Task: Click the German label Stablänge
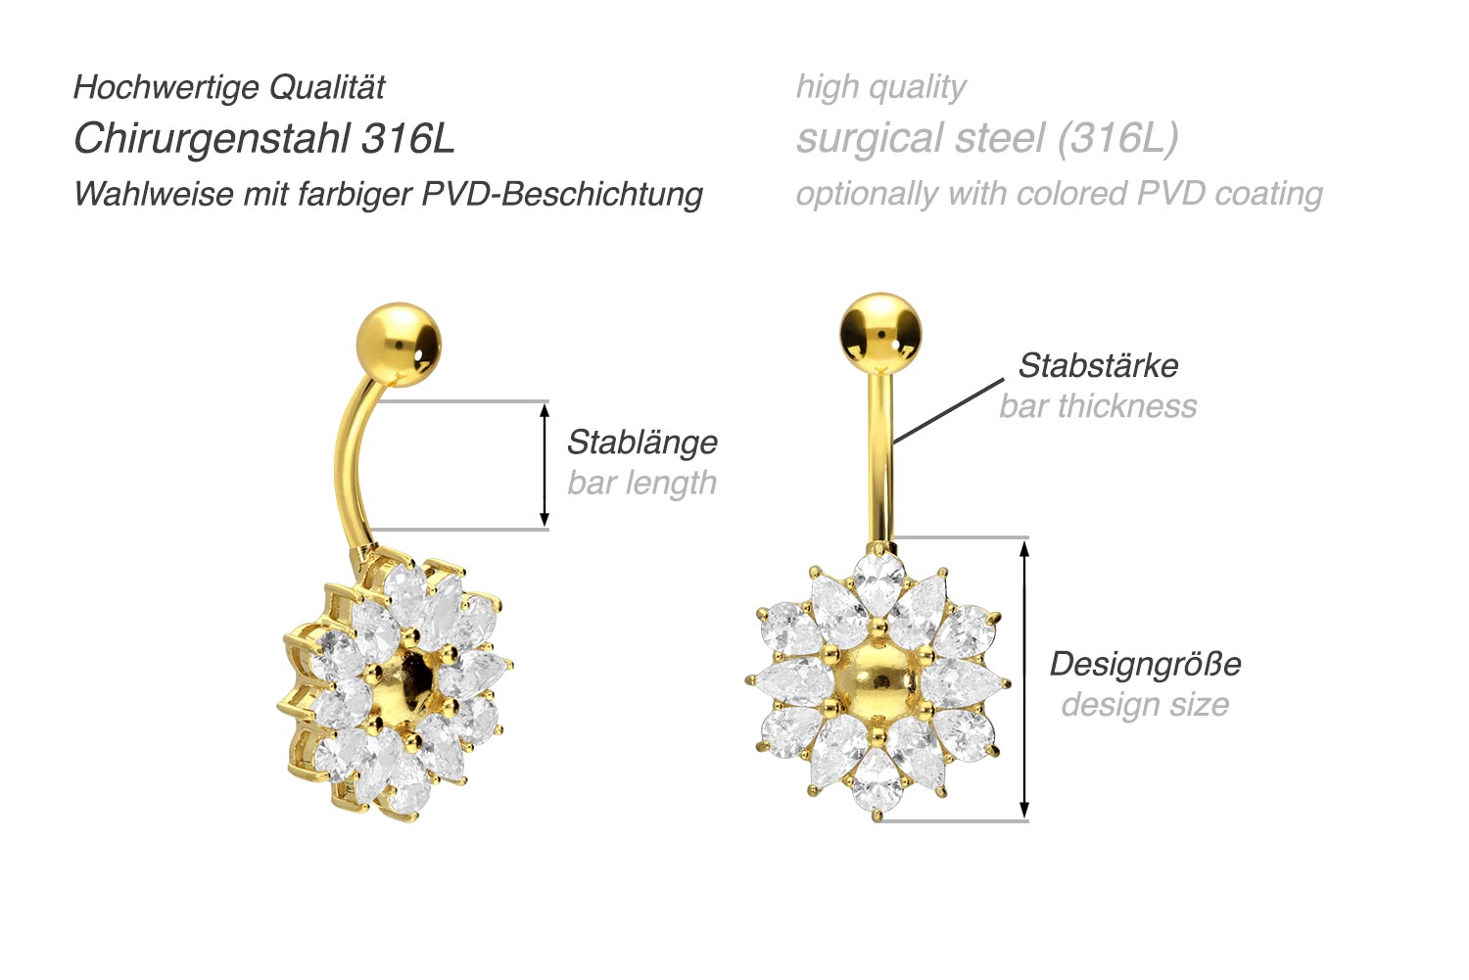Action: point(642,443)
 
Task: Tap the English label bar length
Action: point(642,483)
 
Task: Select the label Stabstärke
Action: point(1098,366)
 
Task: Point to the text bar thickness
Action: point(1098,406)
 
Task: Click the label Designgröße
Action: point(1145,665)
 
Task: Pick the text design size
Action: point(1145,705)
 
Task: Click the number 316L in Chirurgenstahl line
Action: point(408,139)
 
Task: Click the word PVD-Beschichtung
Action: point(562,194)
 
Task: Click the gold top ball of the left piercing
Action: point(399,344)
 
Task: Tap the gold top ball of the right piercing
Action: point(880,333)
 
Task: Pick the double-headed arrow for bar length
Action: point(545,465)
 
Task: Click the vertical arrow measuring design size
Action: point(1024,678)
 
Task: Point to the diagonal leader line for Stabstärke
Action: point(948,411)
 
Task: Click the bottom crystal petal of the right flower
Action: point(877,780)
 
